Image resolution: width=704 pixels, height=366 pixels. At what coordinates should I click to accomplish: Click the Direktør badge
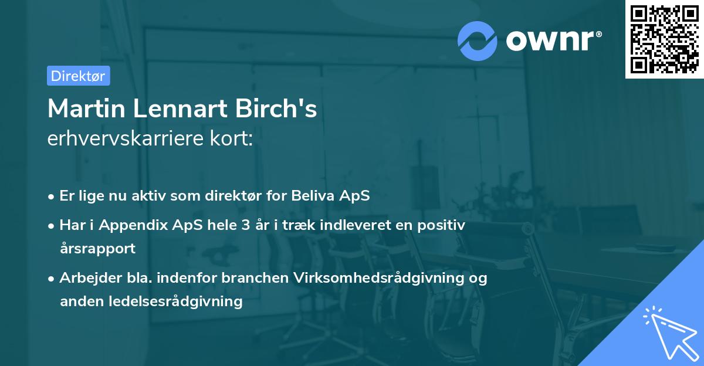pos(78,76)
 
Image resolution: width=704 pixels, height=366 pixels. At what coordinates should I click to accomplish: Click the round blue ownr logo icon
pos(478,41)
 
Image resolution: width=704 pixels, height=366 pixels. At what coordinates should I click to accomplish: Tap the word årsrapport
pos(97,248)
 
